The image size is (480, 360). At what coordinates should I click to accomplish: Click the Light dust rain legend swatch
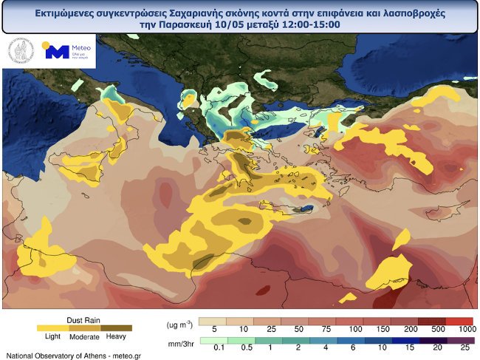(x=52, y=326)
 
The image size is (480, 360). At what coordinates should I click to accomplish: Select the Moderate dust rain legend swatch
(x=84, y=326)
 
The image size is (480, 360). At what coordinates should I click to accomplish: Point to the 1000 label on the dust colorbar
(x=464, y=327)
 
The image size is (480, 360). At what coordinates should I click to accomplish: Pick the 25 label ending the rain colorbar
(x=464, y=347)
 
